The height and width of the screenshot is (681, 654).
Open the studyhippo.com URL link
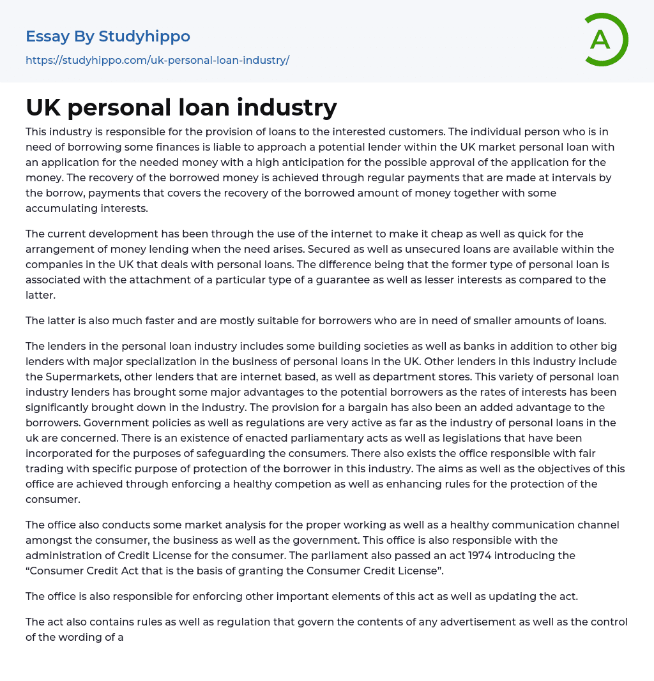[157, 60]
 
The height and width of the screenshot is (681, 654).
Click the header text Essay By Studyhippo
[108, 36]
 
